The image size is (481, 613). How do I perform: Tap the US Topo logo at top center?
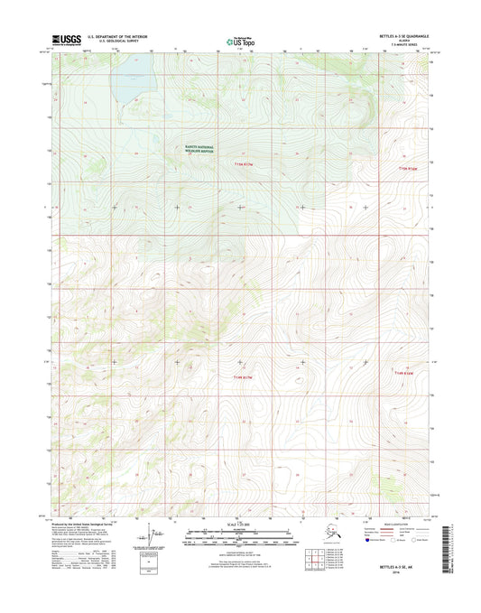pyautogui.click(x=239, y=41)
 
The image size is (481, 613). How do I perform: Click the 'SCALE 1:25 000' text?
pyautogui.click(x=240, y=525)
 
